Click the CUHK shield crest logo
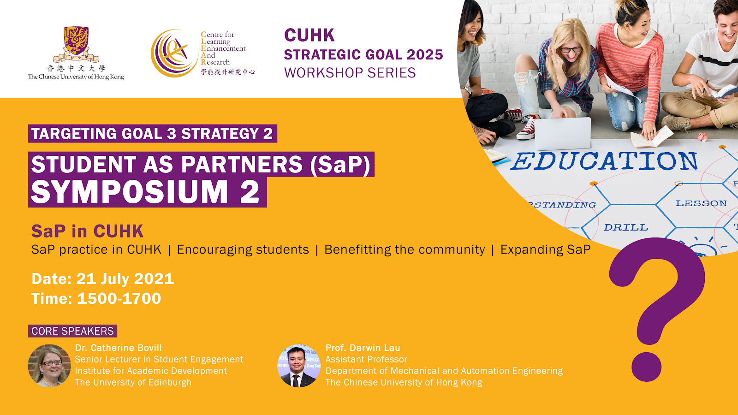pyautogui.click(x=76, y=44)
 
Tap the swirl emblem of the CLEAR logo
pyautogui.click(x=173, y=53)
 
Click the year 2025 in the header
pyautogui.click(x=425, y=55)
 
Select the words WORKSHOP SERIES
pyautogui.click(x=350, y=73)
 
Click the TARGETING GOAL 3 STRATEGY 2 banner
pyautogui.click(x=153, y=133)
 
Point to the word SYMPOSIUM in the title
pyautogui.click(x=129, y=192)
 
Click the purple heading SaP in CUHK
pyautogui.click(x=87, y=231)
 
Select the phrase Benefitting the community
pyautogui.click(x=405, y=249)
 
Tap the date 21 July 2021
pyautogui.click(x=125, y=279)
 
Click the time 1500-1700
pyautogui.click(x=119, y=299)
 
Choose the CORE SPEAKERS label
pyautogui.click(x=72, y=331)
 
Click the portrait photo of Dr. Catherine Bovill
pyautogui.click(x=49, y=366)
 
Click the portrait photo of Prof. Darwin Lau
pyautogui.click(x=299, y=366)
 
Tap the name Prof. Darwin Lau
pyautogui.click(x=363, y=348)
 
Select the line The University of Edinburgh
pyautogui.click(x=133, y=382)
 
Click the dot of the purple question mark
pyautogui.click(x=646, y=367)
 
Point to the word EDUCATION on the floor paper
pyautogui.click(x=604, y=161)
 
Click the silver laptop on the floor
pyautogui.click(x=562, y=134)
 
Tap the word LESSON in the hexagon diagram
pyautogui.click(x=701, y=203)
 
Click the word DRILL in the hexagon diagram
pyautogui.click(x=625, y=227)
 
